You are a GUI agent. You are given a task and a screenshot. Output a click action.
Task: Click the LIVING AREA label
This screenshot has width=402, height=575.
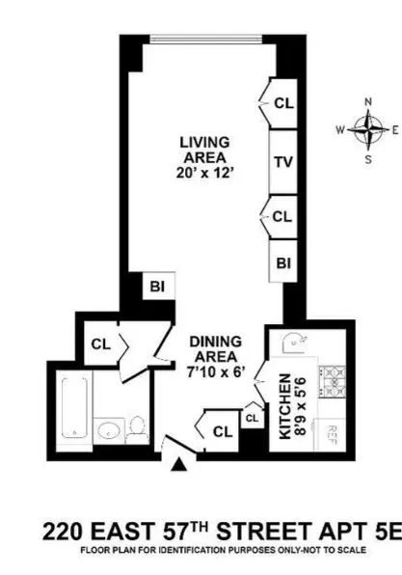tap(204, 150)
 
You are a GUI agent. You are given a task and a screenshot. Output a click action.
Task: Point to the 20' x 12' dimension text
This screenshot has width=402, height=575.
tap(204, 177)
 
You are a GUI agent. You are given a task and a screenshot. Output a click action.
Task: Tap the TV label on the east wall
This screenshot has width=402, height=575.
tap(282, 161)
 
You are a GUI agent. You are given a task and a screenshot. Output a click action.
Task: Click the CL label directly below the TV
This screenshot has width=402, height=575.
tap(282, 217)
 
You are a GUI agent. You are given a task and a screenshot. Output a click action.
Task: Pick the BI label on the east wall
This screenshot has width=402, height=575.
tap(283, 261)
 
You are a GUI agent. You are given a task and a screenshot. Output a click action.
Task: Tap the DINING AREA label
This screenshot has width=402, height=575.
tap(214, 348)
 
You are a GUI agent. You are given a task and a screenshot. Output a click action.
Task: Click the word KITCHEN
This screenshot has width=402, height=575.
tap(285, 405)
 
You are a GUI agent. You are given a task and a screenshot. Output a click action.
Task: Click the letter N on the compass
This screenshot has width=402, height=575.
tap(366, 101)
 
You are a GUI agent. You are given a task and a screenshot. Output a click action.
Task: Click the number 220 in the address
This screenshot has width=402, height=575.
tap(67, 530)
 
